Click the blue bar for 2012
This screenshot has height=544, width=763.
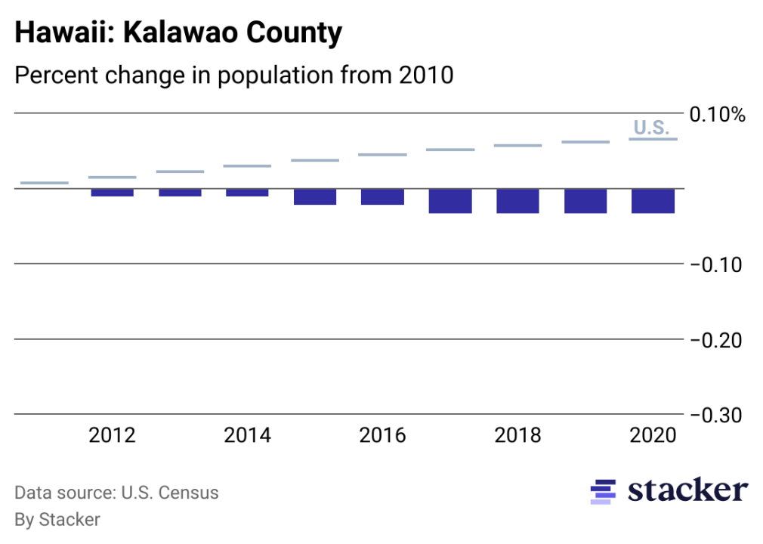tap(112, 193)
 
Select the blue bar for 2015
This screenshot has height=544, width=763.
tap(315, 196)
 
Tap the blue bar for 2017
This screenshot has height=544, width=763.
tap(450, 201)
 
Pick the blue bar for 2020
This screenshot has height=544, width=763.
tap(653, 201)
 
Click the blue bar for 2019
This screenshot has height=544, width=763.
tap(585, 201)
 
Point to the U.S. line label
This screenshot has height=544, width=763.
tap(651, 128)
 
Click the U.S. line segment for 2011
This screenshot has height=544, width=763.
tap(45, 183)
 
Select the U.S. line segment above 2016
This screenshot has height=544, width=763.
tap(382, 155)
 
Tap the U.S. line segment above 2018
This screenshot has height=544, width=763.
tap(517, 145)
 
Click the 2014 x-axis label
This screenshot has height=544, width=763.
tap(247, 436)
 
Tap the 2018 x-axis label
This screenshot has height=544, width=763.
tap(517, 436)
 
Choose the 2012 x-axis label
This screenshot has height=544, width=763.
tap(112, 436)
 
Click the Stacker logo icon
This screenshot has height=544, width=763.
tap(603, 491)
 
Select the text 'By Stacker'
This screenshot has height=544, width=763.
tap(57, 519)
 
